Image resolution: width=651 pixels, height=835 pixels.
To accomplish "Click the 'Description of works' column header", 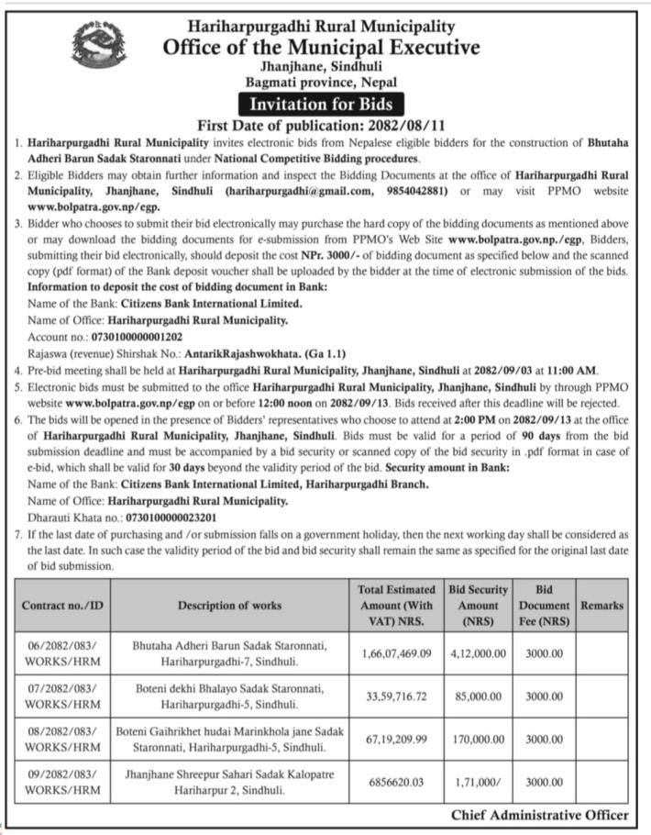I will (229, 606).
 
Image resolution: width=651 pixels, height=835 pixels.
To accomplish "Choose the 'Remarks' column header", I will (601, 606).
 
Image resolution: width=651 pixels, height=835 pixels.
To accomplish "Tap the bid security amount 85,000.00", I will (477, 696).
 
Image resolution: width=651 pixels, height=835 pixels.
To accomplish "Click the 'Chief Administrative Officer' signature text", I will (539, 815).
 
